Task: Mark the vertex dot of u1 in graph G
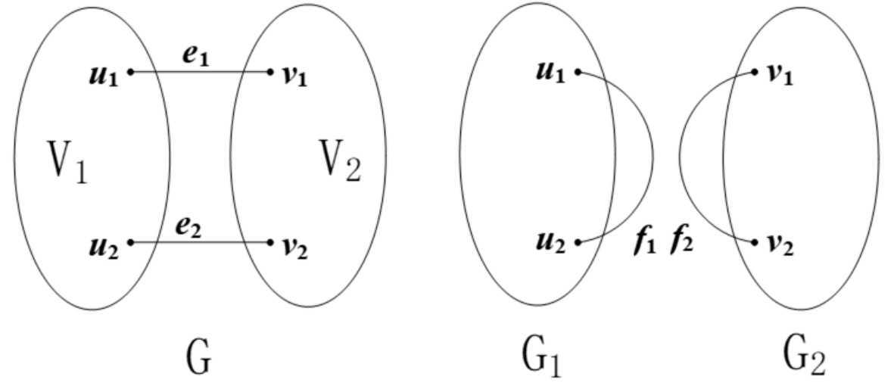[x=131, y=73]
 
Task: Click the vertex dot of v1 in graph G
[x=270, y=73]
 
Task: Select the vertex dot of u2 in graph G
[x=131, y=242]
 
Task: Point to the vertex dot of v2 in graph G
[x=270, y=242]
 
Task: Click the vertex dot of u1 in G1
[x=578, y=73]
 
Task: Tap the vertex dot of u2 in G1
[x=578, y=243]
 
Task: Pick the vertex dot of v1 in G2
[x=755, y=73]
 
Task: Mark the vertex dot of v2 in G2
[x=755, y=243]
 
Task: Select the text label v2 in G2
[x=777, y=245]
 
